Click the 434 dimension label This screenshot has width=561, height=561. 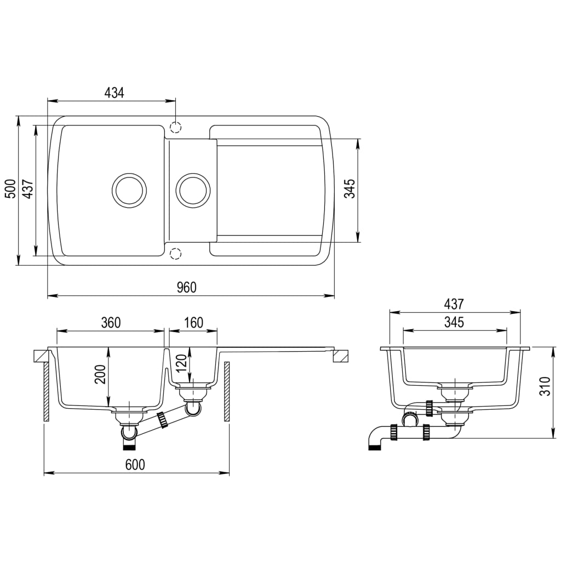[x=115, y=93]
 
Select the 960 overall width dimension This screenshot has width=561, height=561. [x=186, y=288]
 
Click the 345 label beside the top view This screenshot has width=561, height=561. [x=351, y=189]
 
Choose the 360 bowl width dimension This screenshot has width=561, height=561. [x=110, y=323]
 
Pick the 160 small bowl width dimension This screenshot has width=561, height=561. [x=193, y=323]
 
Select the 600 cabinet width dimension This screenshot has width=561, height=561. [x=135, y=465]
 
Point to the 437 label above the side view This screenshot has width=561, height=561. [x=454, y=304]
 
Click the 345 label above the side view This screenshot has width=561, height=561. [x=454, y=322]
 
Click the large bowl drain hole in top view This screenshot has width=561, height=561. [x=129, y=190]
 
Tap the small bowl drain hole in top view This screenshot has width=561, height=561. [x=193, y=190]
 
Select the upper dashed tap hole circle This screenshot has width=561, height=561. [x=175, y=128]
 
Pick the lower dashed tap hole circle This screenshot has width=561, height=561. [x=175, y=254]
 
